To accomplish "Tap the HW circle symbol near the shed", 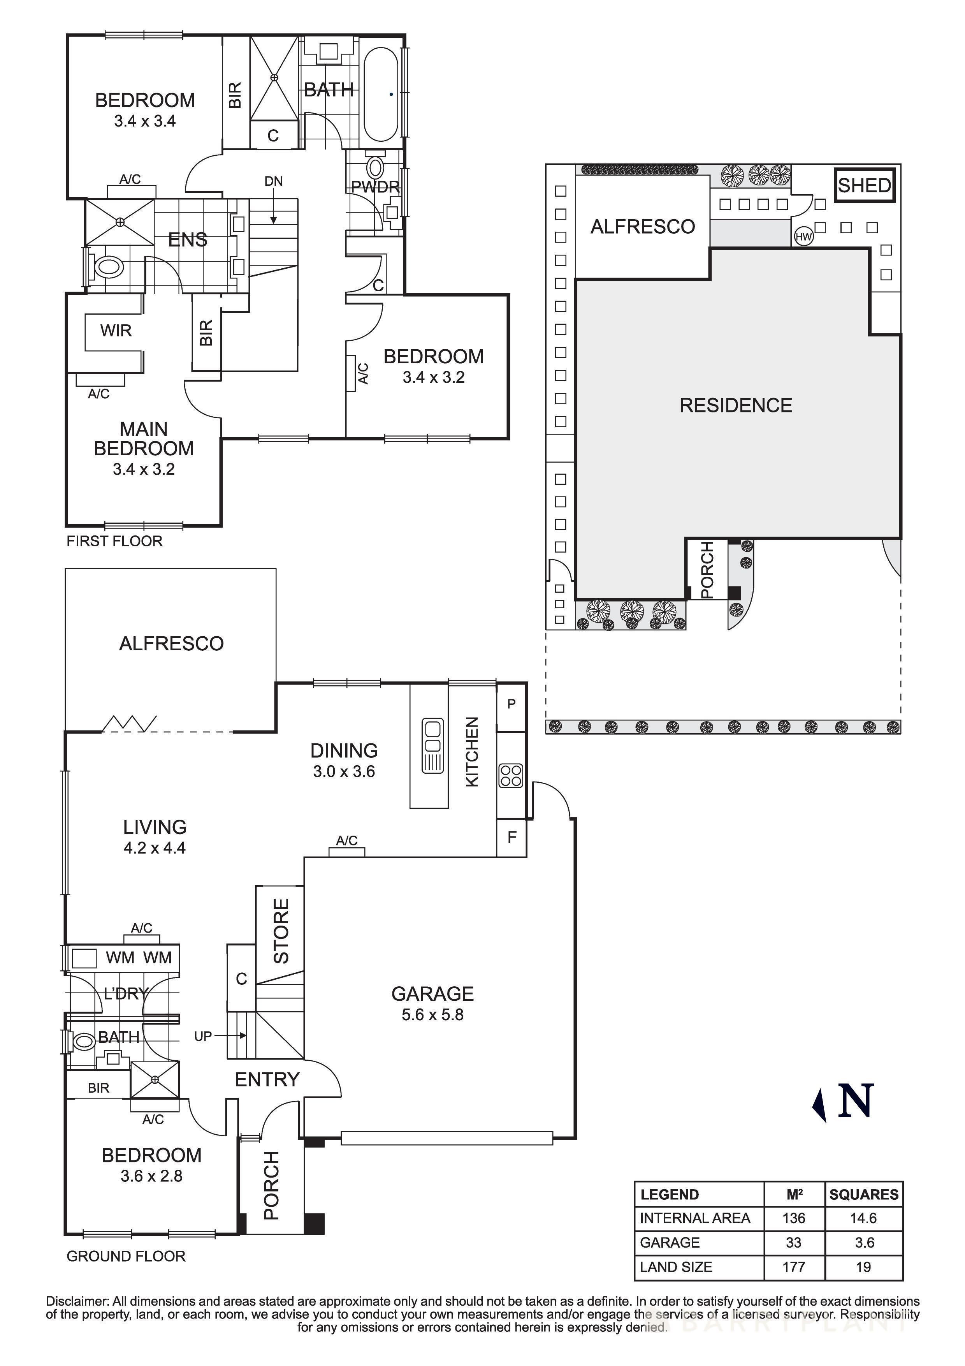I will pyautogui.click(x=803, y=237).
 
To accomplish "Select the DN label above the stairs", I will pyautogui.click(x=274, y=181).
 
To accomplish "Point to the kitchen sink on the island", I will pyautogui.click(x=432, y=746).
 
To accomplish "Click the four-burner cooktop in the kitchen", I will pyautogui.click(x=511, y=776).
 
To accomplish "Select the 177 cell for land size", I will pyautogui.click(x=793, y=1267).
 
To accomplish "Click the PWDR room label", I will pyautogui.click(x=375, y=187).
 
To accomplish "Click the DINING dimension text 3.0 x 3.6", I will pyautogui.click(x=344, y=772).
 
